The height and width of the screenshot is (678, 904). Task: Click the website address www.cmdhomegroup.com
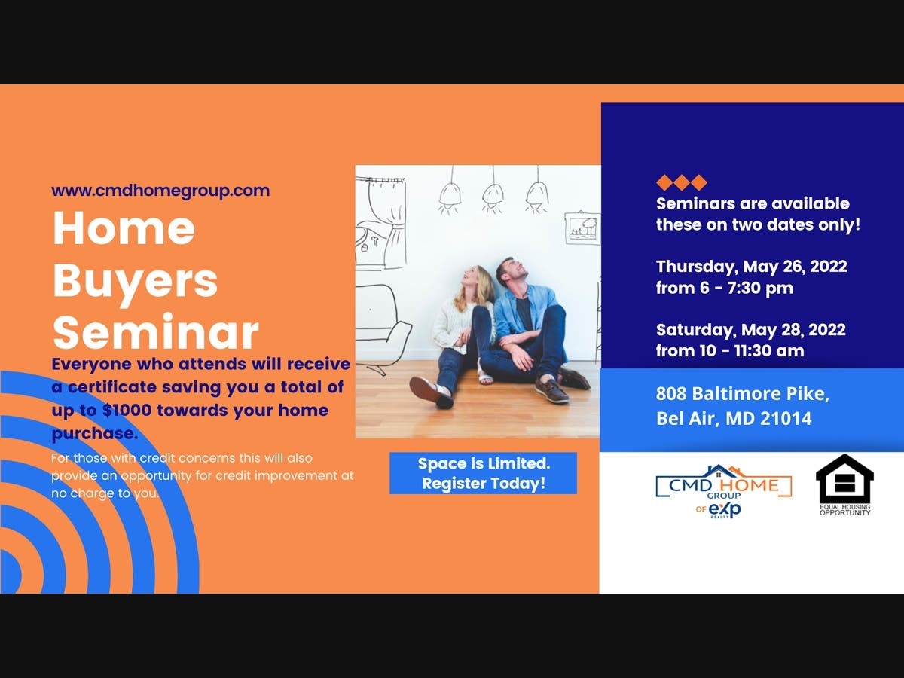pos(160,191)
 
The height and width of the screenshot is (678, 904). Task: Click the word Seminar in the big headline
pos(156,333)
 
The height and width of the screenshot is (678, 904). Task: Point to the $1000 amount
pos(127,411)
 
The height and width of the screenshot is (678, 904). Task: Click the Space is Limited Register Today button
pos(483,473)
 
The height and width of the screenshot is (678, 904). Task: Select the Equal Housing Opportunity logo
pos(844,484)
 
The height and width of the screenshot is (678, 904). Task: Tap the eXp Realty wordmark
pos(724,510)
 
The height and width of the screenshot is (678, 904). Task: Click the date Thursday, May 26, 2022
pos(752,267)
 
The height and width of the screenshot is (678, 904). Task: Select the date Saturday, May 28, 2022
pos(751,330)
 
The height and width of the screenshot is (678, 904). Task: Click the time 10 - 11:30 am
pos(752,351)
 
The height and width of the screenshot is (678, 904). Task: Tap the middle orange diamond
pos(682,182)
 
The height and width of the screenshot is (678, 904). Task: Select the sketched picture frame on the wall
pos(582,228)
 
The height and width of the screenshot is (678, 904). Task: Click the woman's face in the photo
pos(472,276)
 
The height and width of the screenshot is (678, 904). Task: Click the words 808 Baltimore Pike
pos(742,394)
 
